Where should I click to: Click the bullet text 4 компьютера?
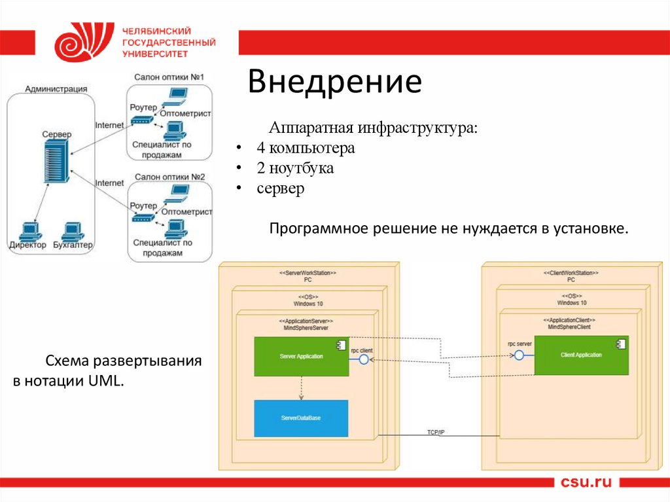pyautogui.click(x=306, y=148)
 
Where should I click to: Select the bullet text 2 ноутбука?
pyautogui.click(x=295, y=168)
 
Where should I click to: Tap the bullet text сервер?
pyautogui.click(x=281, y=188)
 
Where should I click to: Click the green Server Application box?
pyautogui.click(x=301, y=357)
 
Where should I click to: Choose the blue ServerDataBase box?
pyautogui.click(x=301, y=418)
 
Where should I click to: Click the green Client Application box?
pyautogui.click(x=581, y=355)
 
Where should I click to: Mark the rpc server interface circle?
pyautogui.click(x=519, y=355)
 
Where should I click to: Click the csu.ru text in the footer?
pyautogui.click(x=586, y=483)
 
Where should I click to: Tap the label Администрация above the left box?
pyautogui.click(x=56, y=88)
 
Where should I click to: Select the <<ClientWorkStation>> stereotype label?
pyautogui.click(x=571, y=272)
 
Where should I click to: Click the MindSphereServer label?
pyautogui.click(x=306, y=328)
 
